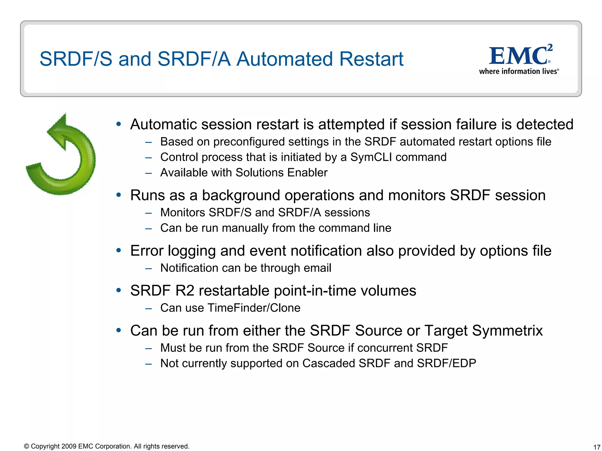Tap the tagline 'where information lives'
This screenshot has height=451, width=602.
pos(518,71)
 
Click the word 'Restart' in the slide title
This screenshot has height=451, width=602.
pos(371,59)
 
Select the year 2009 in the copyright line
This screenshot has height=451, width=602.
pos(69,446)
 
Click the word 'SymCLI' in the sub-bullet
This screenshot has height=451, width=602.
pos(371,157)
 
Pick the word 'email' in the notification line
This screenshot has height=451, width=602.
pos(317,268)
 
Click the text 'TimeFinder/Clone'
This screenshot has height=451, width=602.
pos(254,308)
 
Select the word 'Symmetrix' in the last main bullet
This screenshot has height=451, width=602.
pos(507,331)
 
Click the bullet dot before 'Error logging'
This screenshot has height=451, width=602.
pos(119,250)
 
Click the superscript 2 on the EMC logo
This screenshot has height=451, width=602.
pos(550,48)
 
